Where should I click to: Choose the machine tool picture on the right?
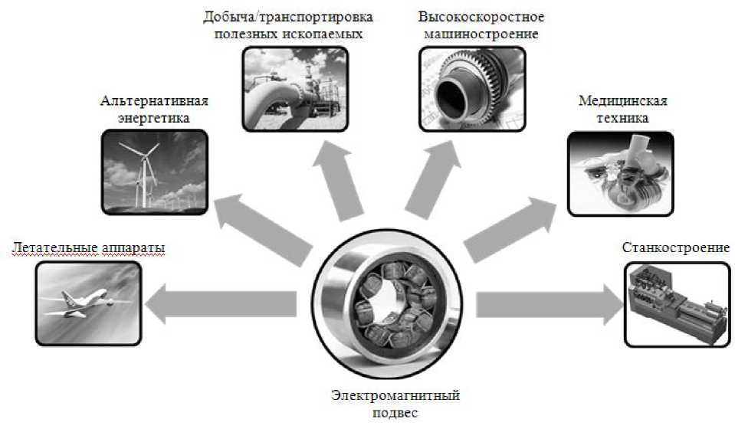pos(676,304)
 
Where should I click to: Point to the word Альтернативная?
pos(154,102)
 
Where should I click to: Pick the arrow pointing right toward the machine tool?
pos(548,304)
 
